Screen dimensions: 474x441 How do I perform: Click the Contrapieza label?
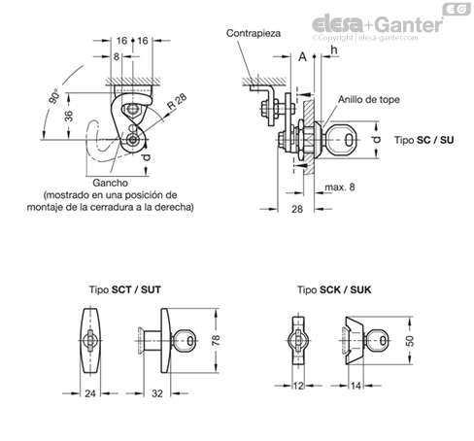click(254, 33)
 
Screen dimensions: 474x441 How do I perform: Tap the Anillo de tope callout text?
click(369, 99)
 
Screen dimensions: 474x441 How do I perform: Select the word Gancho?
click(110, 183)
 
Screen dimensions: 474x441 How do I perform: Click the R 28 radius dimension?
click(177, 101)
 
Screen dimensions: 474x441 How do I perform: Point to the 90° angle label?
click(54, 96)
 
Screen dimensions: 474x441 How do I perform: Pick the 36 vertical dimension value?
click(69, 116)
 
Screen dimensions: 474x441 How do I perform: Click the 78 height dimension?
click(216, 340)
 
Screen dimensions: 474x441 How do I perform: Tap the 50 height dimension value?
click(410, 341)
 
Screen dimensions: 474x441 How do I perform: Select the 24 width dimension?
click(90, 393)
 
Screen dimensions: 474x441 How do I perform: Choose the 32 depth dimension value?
click(157, 393)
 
